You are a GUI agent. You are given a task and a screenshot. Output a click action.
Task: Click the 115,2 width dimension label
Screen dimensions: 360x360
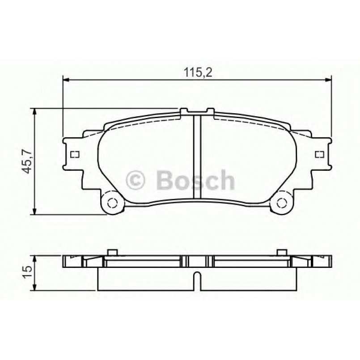(197, 72)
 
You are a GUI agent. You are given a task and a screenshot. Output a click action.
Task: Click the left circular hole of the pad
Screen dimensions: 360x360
(111, 203)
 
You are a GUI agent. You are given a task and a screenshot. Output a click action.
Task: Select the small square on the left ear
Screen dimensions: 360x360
(75, 155)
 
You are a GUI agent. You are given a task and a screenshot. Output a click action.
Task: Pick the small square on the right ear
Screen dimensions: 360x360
(319, 155)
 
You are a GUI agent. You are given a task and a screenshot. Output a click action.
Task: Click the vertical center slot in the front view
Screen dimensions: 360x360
(197, 157)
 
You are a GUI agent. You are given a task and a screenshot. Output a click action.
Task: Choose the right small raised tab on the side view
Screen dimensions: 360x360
(282, 252)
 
